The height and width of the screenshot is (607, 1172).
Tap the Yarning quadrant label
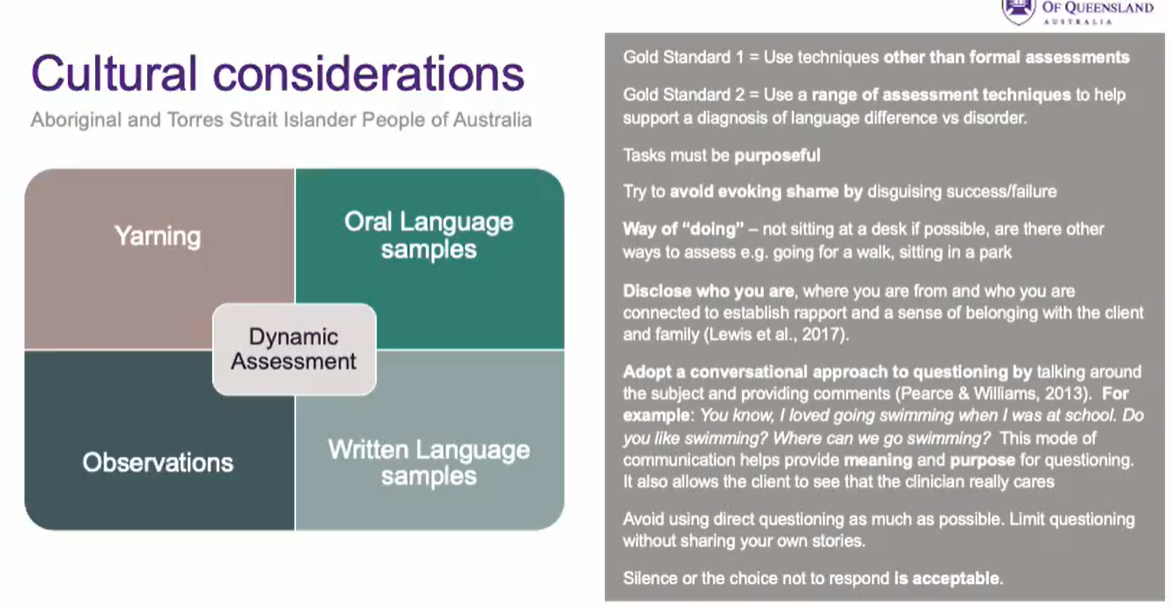point(157,236)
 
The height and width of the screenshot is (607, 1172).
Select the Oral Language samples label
point(428,235)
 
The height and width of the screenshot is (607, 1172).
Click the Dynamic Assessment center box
point(293,349)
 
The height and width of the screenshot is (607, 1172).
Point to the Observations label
point(157,462)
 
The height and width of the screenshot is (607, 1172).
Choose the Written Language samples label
point(428,462)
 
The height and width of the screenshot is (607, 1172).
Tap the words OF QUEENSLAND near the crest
point(1097,8)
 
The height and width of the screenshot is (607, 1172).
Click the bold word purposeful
point(777,155)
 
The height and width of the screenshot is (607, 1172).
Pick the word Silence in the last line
point(649,578)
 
